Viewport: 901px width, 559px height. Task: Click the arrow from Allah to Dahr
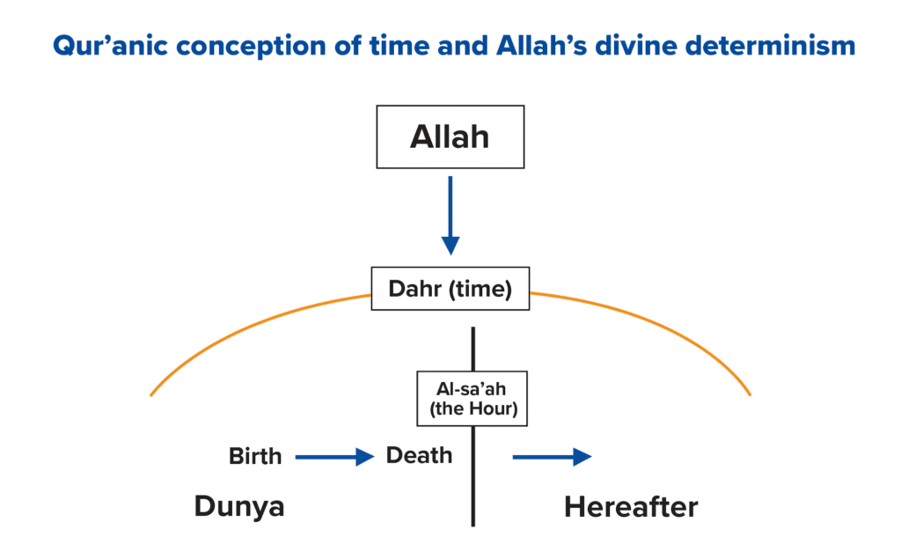pos(450,216)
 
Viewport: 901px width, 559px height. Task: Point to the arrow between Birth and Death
pos(334,457)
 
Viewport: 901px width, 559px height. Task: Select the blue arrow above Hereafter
pos(552,457)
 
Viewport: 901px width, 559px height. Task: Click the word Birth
pos(255,456)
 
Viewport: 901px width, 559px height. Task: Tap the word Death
pos(419,455)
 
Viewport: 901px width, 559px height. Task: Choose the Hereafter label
pos(631,507)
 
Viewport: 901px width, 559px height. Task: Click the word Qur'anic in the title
pos(110,46)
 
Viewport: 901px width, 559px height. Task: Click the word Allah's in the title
pos(542,45)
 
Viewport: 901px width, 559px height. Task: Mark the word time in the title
pos(399,45)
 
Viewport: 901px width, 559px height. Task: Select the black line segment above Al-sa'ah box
pos(473,349)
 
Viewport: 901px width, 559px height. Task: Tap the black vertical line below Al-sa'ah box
pos(473,476)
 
